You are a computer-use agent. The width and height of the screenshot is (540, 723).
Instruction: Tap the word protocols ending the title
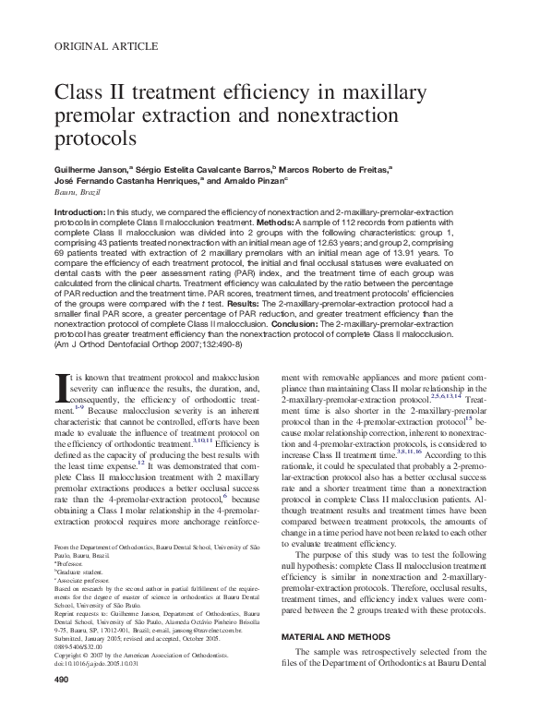tap(95, 138)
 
